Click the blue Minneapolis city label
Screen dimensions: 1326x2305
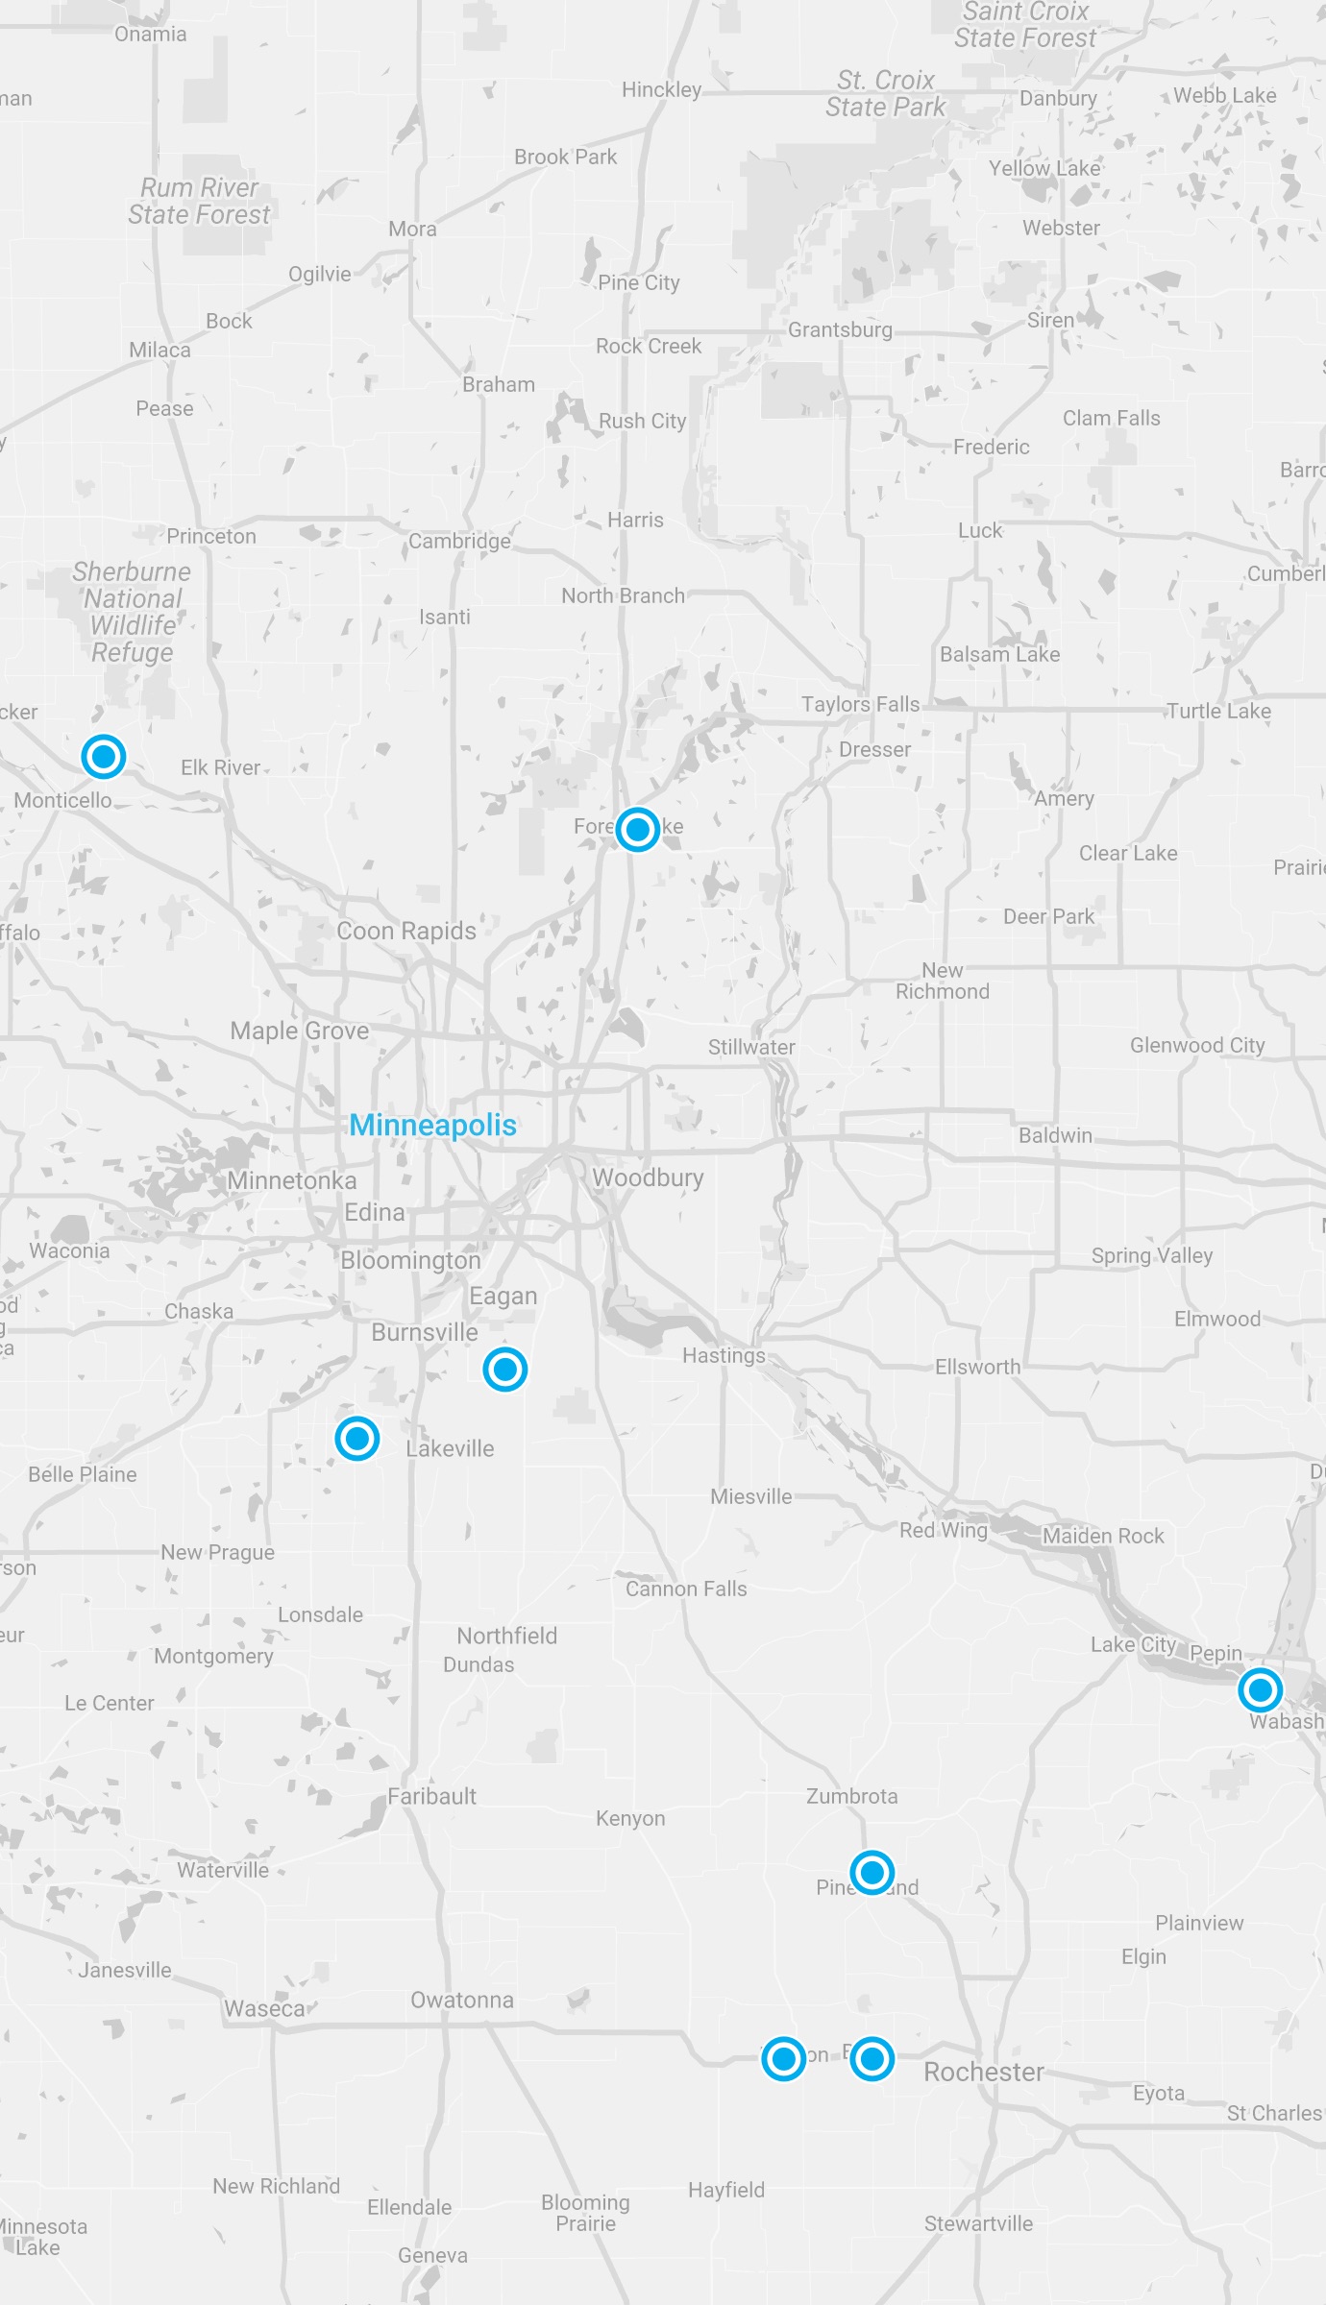point(432,1125)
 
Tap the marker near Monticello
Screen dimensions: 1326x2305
point(104,756)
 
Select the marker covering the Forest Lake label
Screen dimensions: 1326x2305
point(637,828)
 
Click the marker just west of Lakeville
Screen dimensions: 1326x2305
point(357,1438)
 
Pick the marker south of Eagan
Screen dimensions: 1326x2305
point(505,1369)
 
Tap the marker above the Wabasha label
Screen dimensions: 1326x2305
point(1260,1689)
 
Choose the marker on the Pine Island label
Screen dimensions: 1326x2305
point(872,1872)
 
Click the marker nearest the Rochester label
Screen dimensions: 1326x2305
point(872,2058)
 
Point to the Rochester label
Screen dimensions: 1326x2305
point(984,2072)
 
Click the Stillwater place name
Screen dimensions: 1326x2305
point(751,1047)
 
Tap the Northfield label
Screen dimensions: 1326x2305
point(506,1636)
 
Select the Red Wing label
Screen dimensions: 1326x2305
point(943,1530)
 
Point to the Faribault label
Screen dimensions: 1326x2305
point(431,1796)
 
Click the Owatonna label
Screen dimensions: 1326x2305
point(462,2000)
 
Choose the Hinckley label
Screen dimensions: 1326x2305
point(662,89)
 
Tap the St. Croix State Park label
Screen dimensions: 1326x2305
point(885,93)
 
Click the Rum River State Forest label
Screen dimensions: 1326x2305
point(199,201)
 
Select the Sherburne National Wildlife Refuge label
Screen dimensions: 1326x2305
point(133,612)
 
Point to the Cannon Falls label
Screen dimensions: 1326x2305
point(686,1589)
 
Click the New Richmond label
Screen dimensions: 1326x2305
point(943,981)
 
